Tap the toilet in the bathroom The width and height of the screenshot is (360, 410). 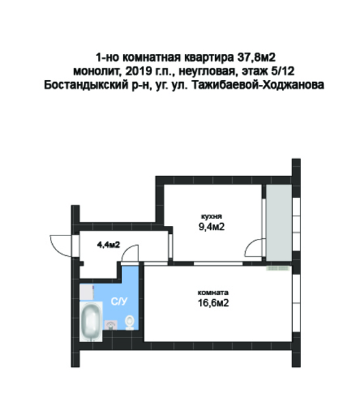click(129, 321)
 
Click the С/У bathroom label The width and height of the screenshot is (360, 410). click(119, 300)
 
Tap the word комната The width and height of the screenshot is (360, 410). click(211, 290)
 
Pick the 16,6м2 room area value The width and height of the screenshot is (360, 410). click(212, 302)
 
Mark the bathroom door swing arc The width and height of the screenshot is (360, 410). click(129, 255)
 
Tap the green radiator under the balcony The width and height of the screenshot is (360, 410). click(279, 269)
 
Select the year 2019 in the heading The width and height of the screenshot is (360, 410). click(137, 71)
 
